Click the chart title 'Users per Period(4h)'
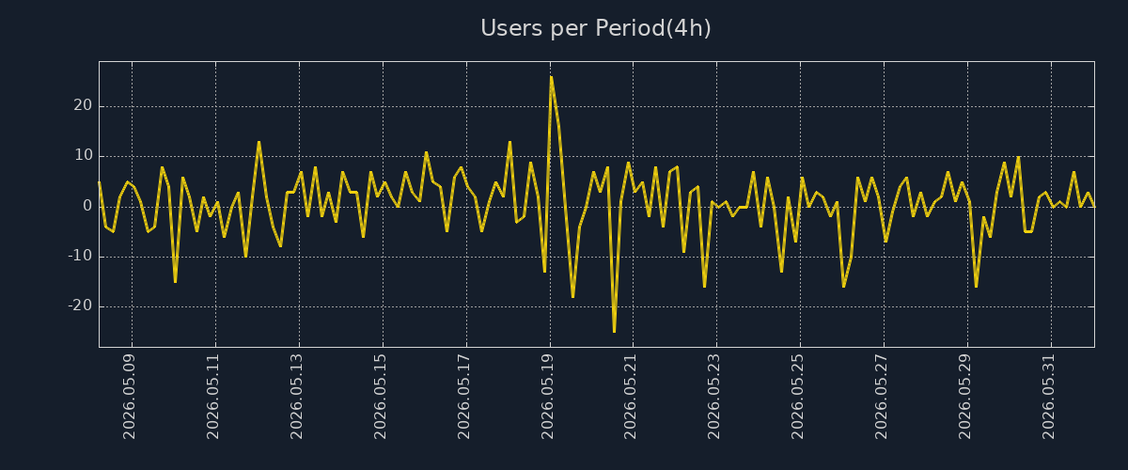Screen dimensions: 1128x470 coord(596,28)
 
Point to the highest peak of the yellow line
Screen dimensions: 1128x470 coord(552,76)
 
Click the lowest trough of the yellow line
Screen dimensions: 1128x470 coord(615,332)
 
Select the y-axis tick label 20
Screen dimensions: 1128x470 coord(83,105)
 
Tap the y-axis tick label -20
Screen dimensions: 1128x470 coord(81,305)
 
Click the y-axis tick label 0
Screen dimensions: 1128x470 coord(87,206)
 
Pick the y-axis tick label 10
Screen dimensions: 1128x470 coord(84,155)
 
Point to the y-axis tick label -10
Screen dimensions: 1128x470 coord(81,256)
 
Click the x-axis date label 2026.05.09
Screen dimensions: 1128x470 coord(130,397)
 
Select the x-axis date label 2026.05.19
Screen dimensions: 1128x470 coord(547,397)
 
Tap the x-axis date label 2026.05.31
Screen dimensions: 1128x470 coord(1048,397)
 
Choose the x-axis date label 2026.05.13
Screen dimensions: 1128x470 coord(297,397)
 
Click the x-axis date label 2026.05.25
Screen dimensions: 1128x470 coord(798,397)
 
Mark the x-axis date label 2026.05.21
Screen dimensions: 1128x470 coord(631,397)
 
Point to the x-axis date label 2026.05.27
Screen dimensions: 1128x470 coord(882,397)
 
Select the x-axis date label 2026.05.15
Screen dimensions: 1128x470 coord(380,397)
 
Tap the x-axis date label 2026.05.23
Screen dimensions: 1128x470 coord(714,397)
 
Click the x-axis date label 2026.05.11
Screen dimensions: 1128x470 coord(213,397)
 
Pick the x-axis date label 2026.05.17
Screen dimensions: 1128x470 coord(463,397)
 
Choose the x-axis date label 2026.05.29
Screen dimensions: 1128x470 coord(964,397)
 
